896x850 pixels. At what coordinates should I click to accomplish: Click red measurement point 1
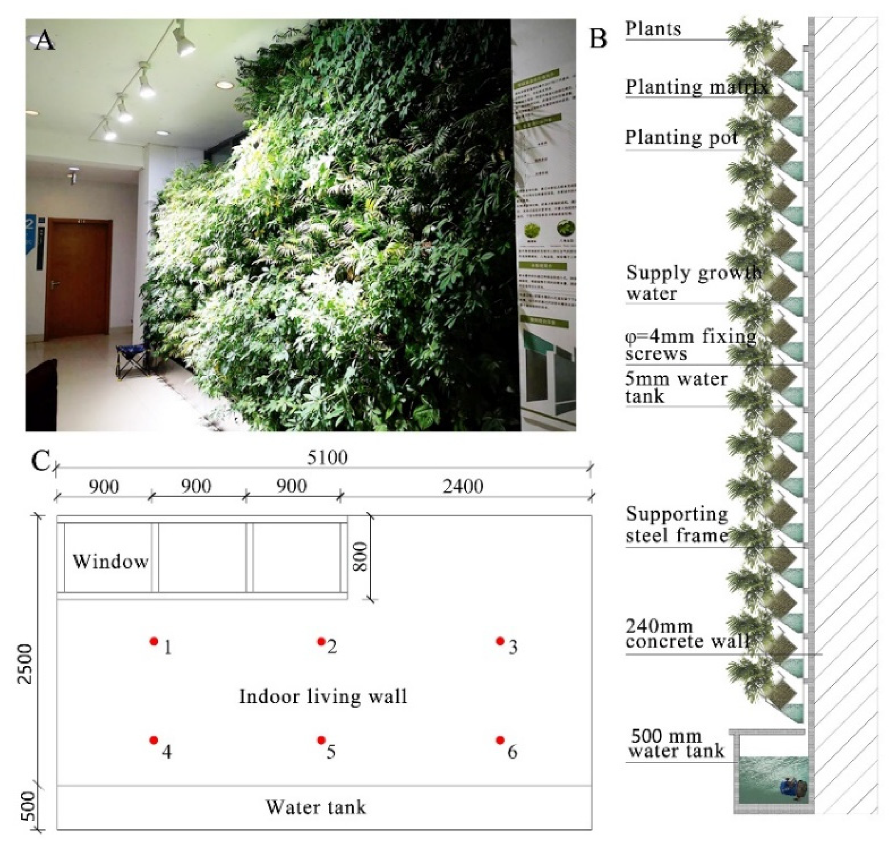(154, 641)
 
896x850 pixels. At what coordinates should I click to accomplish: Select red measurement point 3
(500, 641)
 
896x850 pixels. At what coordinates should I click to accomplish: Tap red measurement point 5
(321, 740)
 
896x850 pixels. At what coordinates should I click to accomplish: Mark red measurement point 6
(500, 740)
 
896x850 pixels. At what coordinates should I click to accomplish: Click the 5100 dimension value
(327, 458)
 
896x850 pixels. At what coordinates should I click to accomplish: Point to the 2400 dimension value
(463, 486)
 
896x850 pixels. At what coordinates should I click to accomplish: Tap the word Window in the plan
(110, 562)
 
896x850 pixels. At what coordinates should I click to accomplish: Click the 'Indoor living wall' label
(323, 696)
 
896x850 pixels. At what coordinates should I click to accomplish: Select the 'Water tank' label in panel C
(316, 807)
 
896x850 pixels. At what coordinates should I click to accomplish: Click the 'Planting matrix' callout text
(696, 87)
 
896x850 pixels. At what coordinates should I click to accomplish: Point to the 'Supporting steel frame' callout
(677, 525)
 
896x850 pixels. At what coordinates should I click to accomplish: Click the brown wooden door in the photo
(78, 278)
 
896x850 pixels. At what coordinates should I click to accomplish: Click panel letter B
(599, 38)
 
